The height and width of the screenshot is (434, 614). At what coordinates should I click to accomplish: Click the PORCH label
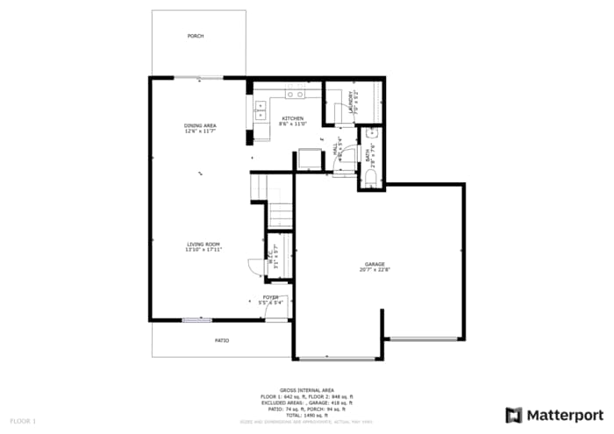(196, 36)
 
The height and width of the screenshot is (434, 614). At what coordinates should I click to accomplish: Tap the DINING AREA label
(200, 125)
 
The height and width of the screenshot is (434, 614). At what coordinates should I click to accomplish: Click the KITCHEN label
(292, 118)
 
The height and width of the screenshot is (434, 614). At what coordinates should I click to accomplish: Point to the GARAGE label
(375, 264)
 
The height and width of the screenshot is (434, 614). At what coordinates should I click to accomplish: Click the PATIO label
(223, 340)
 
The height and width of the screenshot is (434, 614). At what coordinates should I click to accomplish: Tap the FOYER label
(271, 297)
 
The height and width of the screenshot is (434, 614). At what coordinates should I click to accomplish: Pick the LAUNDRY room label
(351, 102)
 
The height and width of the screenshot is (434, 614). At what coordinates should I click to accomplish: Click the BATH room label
(368, 156)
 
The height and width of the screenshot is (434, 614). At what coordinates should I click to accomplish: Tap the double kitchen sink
(261, 110)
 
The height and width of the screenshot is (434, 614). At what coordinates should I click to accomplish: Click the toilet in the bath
(370, 177)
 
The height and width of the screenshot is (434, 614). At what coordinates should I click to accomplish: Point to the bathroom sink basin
(371, 134)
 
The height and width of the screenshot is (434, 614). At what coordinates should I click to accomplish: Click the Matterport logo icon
(514, 415)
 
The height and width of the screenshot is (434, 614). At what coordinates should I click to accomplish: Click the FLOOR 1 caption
(23, 422)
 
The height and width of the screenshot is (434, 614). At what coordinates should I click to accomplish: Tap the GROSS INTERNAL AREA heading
(306, 390)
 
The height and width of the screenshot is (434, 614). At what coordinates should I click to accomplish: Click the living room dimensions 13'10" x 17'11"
(203, 250)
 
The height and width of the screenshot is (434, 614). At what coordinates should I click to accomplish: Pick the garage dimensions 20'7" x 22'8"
(375, 270)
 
